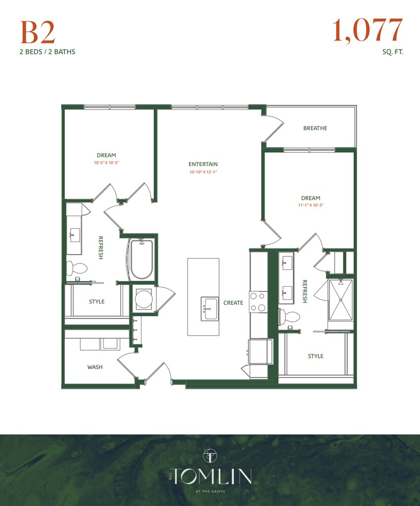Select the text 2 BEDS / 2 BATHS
click(47, 51)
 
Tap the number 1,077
click(368, 30)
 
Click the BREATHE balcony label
click(315, 128)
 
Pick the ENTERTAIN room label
click(203, 164)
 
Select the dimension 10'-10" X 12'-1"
click(203, 172)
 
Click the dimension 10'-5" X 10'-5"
click(106, 163)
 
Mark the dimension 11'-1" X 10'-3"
click(310, 206)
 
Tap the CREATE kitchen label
click(233, 303)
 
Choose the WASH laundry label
click(95, 367)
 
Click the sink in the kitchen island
click(210, 309)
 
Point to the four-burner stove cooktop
click(258, 302)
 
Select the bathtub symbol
click(141, 259)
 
